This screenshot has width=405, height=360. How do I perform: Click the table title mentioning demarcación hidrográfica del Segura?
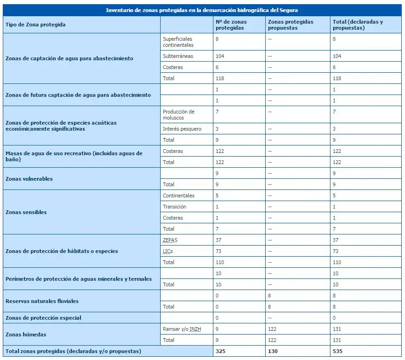point(202,10)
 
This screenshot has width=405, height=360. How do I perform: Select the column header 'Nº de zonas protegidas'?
point(231,25)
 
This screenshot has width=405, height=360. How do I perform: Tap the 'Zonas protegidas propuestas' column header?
point(290,25)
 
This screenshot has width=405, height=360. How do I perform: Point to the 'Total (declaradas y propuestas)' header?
point(357,25)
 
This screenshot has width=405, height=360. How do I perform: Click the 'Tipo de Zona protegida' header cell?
point(36,25)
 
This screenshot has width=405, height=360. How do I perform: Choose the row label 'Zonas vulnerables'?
point(29,179)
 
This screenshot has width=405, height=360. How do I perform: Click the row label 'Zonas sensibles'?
point(26,212)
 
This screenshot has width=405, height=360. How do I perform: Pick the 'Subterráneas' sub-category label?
point(178,56)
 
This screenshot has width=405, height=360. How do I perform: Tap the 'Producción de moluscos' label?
point(178,115)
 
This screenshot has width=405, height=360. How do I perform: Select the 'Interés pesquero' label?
point(182,129)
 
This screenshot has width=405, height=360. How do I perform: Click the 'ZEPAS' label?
point(170,240)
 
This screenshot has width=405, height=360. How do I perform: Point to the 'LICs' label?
point(168,251)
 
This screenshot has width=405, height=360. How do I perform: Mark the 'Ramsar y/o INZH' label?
point(181,329)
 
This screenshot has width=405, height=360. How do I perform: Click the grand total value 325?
point(220,351)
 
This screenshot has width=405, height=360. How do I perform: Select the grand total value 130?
point(273,351)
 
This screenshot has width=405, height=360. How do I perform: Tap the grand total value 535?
point(337,351)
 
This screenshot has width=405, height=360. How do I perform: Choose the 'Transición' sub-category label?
point(174,207)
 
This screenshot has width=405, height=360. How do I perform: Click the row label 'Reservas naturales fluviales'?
point(42,301)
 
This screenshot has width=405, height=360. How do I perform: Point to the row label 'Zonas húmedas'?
point(25,335)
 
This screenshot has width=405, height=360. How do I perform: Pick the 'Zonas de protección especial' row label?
point(44,318)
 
